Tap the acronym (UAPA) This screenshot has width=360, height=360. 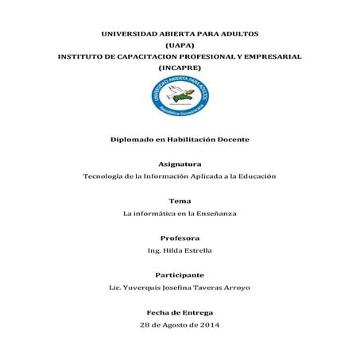(x=180, y=47)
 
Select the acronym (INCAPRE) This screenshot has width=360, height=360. (x=180, y=70)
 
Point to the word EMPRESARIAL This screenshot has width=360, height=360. (x=269, y=58)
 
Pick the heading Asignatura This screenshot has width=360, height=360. (x=180, y=163)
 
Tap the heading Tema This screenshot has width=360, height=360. (x=180, y=201)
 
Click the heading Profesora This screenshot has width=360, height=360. (x=180, y=238)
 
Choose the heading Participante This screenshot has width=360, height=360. (x=180, y=275)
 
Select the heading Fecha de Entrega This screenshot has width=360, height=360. (x=180, y=312)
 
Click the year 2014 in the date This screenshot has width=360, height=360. (x=208, y=325)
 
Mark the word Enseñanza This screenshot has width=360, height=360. (x=212, y=213)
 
